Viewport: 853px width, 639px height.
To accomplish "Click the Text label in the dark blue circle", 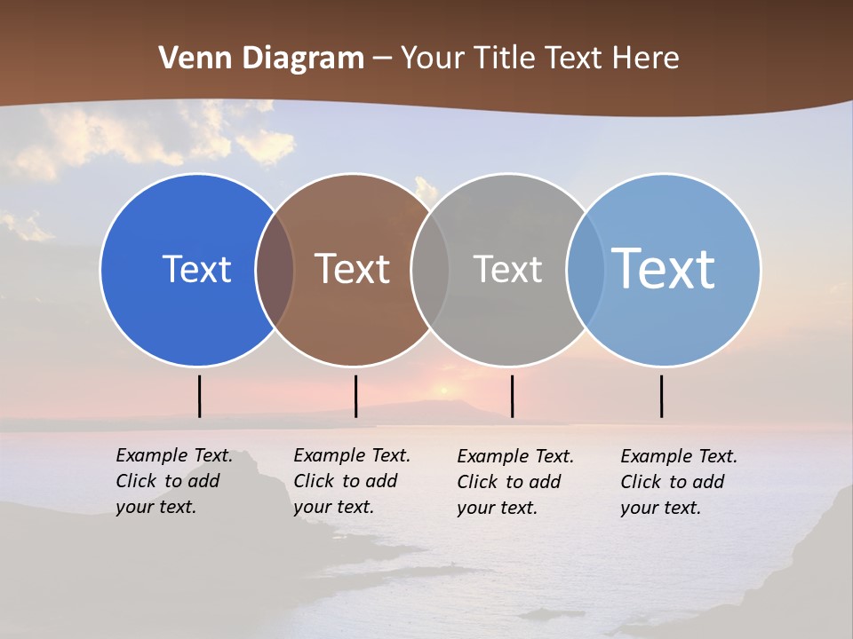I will point(196,269).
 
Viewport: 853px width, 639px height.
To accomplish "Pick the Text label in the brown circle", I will point(353,269).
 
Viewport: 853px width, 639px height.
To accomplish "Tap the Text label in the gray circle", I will point(507,269).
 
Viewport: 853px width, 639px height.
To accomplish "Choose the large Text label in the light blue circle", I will point(664,269).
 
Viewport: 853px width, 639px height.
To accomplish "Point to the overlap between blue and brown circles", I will point(275,269).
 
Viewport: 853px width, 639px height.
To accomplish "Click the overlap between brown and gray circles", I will point(430,269).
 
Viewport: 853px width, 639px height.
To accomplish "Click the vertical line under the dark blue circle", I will point(200,396).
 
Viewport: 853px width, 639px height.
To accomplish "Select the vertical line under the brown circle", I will point(355,396).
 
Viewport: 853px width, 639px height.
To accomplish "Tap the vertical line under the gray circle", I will point(512,396).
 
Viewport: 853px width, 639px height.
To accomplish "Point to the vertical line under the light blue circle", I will point(661,396).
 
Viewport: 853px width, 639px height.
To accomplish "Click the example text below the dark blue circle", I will point(174,481).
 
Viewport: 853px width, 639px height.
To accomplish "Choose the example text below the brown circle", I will point(352,481).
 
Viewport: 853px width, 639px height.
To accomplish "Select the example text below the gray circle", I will point(515,482).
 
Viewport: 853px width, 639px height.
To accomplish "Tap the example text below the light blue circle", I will point(679,482).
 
